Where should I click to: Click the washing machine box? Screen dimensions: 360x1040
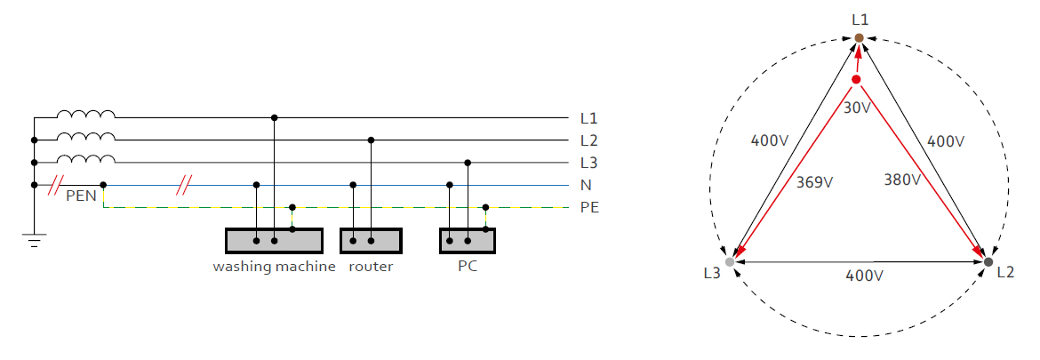coord(273,241)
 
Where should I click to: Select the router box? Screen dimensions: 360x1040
coord(371,241)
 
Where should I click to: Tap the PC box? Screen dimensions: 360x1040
coord(467,241)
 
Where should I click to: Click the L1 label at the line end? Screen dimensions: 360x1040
coord(588,117)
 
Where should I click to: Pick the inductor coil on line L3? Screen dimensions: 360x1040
coord(86,159)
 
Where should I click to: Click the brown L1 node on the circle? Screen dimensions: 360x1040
coord(860,37)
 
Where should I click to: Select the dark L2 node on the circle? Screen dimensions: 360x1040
coord(988,262)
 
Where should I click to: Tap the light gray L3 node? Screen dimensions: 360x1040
coord(730,262)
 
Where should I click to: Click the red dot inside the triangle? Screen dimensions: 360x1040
coord(856,80)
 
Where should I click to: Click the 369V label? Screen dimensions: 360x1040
coord(815,182)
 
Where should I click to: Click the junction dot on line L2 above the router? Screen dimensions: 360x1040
coord(371,140)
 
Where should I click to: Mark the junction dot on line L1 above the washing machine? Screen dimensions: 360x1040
coord(274,117)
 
